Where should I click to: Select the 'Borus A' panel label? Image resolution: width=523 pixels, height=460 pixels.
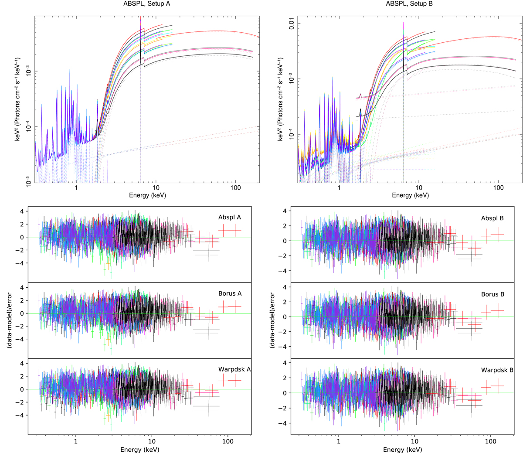(230, 293)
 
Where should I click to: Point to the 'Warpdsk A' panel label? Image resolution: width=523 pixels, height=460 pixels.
(234, 369)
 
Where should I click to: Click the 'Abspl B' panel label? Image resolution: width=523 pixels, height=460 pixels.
(492, 218)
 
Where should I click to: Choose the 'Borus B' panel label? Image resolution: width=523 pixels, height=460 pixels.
(492, 294)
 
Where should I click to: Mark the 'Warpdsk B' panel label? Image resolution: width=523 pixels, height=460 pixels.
(497, 370)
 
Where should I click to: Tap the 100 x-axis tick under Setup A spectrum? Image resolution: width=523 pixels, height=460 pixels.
(235, 188)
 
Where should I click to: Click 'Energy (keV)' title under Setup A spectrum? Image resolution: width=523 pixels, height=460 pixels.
(147, 195)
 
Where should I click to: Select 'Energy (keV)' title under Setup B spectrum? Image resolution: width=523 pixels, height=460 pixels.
(410, 195)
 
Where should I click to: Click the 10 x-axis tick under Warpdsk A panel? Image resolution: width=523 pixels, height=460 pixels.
(152, 441)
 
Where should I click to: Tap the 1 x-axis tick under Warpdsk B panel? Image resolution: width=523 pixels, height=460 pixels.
(339, 442)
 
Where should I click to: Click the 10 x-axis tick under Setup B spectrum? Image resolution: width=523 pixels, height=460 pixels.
(419, 188)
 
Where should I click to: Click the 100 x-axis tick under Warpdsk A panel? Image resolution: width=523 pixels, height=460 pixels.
(228, 441)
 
